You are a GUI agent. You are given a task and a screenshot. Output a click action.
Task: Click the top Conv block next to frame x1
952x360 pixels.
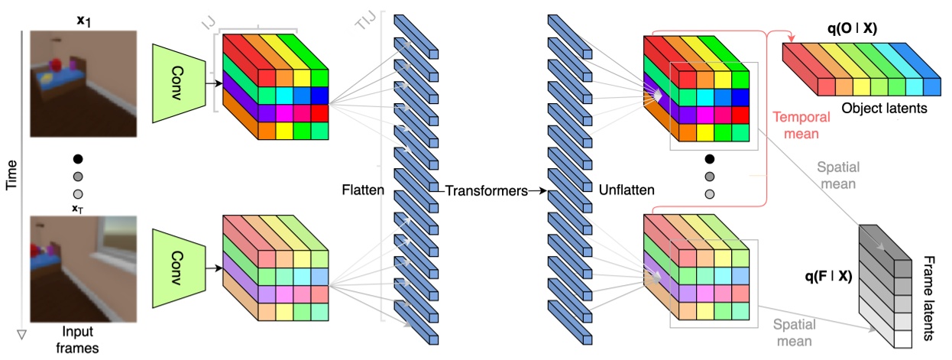coord(175,83)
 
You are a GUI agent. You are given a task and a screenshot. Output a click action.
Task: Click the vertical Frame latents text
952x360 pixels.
coord(928,297)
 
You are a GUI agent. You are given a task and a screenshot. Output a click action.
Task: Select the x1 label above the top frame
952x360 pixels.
coord(83,15)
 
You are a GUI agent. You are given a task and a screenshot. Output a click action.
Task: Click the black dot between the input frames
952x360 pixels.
coord(77,159)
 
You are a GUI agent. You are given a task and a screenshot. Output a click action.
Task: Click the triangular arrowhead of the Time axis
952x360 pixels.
coord(21,334)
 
